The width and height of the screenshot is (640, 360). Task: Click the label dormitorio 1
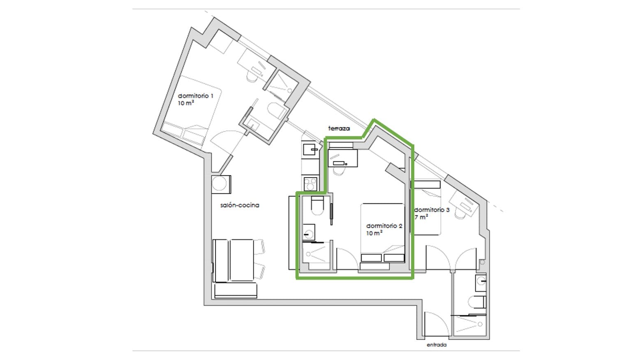click(195, 96)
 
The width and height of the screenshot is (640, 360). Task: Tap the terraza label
click(339, 129)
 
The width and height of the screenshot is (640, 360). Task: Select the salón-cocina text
click(240, 205)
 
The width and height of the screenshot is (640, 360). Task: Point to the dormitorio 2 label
click(384, 226)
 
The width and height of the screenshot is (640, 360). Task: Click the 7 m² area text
click(421, 217)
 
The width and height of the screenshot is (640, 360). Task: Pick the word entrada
click(437, 345)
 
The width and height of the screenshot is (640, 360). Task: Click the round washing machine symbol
click(221, 184)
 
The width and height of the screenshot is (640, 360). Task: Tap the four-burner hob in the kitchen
click(310, 184)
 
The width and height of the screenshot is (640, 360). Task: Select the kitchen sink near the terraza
click(310, 150)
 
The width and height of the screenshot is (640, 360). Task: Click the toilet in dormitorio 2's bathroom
click(317, 205)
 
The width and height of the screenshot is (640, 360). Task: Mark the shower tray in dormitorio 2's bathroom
click(316, 256)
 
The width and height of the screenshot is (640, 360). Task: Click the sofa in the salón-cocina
click(234, 269)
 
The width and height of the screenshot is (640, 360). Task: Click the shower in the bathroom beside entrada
click(469, 325)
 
